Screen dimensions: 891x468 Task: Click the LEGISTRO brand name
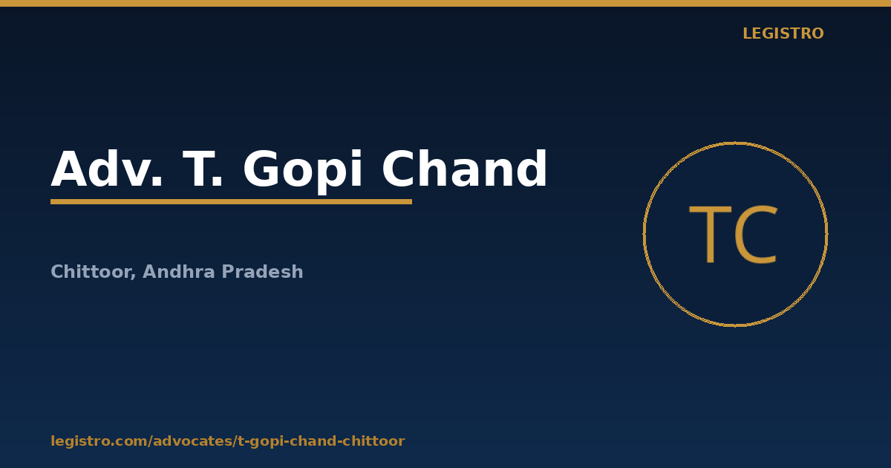[x=783, y=33]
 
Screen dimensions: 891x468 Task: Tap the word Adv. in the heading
[x=107, y=169]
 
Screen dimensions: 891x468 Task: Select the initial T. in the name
[x=202, y=169]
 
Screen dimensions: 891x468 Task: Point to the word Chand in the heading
[x=465, y=168]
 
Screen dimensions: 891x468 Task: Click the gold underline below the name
[x=231, y=202]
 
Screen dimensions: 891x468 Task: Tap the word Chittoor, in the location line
[x=94, y=272]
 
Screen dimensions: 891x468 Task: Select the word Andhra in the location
[x=179, y=271]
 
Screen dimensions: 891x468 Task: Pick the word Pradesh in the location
[x=262, y=271]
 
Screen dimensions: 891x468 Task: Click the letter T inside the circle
[x=711, y=234]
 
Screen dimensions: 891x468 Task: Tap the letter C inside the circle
[x=756, y=234]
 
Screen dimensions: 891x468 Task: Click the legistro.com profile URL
[x=227, y=441]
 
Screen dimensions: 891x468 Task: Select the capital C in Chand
[x=399, y=169]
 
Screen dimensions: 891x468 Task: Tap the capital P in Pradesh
[x=229, y=272]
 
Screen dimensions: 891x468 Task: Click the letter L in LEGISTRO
[x=747, y=33]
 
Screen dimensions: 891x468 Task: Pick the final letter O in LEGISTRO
[x=817, y=33]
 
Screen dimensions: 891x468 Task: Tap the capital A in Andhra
[x=149, y=272]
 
